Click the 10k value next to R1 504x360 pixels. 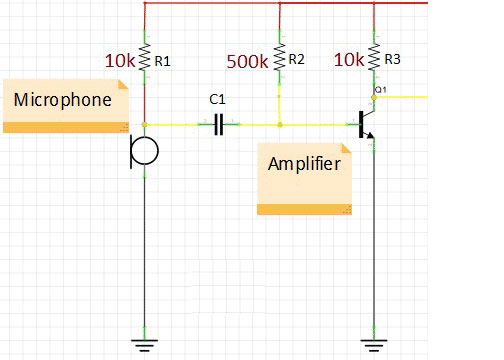[x=121, y=61]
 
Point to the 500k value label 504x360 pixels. [x=247, y=61]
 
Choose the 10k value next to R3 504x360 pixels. [x=349, y=60]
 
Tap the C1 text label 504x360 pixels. [x=216, y=100]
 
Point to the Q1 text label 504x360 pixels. [x=380, y=90]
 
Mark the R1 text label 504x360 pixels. [x=161, y=61]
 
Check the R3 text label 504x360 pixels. [x=391, y=60]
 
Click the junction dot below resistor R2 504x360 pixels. [x=279, y=124]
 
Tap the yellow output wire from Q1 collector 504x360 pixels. [x=405, y=97]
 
